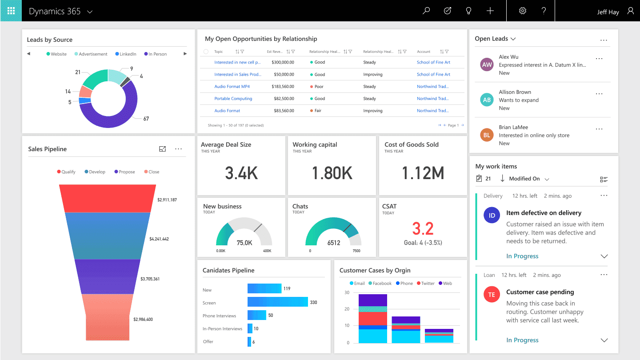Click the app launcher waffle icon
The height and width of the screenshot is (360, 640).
(11, 11)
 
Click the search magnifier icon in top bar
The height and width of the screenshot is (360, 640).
(426, 11)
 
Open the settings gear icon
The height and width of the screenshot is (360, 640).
(523, 11)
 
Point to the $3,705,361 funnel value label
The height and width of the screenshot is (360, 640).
(150, 279)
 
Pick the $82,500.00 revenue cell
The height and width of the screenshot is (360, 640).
(283, 99)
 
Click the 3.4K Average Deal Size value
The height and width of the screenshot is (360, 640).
(241, 173)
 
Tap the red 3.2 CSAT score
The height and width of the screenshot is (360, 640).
(422, 229)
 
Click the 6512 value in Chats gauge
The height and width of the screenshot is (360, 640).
(333, 243)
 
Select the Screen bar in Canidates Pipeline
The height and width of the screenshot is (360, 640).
(277, 302)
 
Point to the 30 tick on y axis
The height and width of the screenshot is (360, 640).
(347, 292)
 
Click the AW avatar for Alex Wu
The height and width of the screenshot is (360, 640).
(487, 65)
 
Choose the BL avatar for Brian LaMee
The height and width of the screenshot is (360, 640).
(487, 135)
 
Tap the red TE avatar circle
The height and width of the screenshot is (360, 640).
(492, 295)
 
